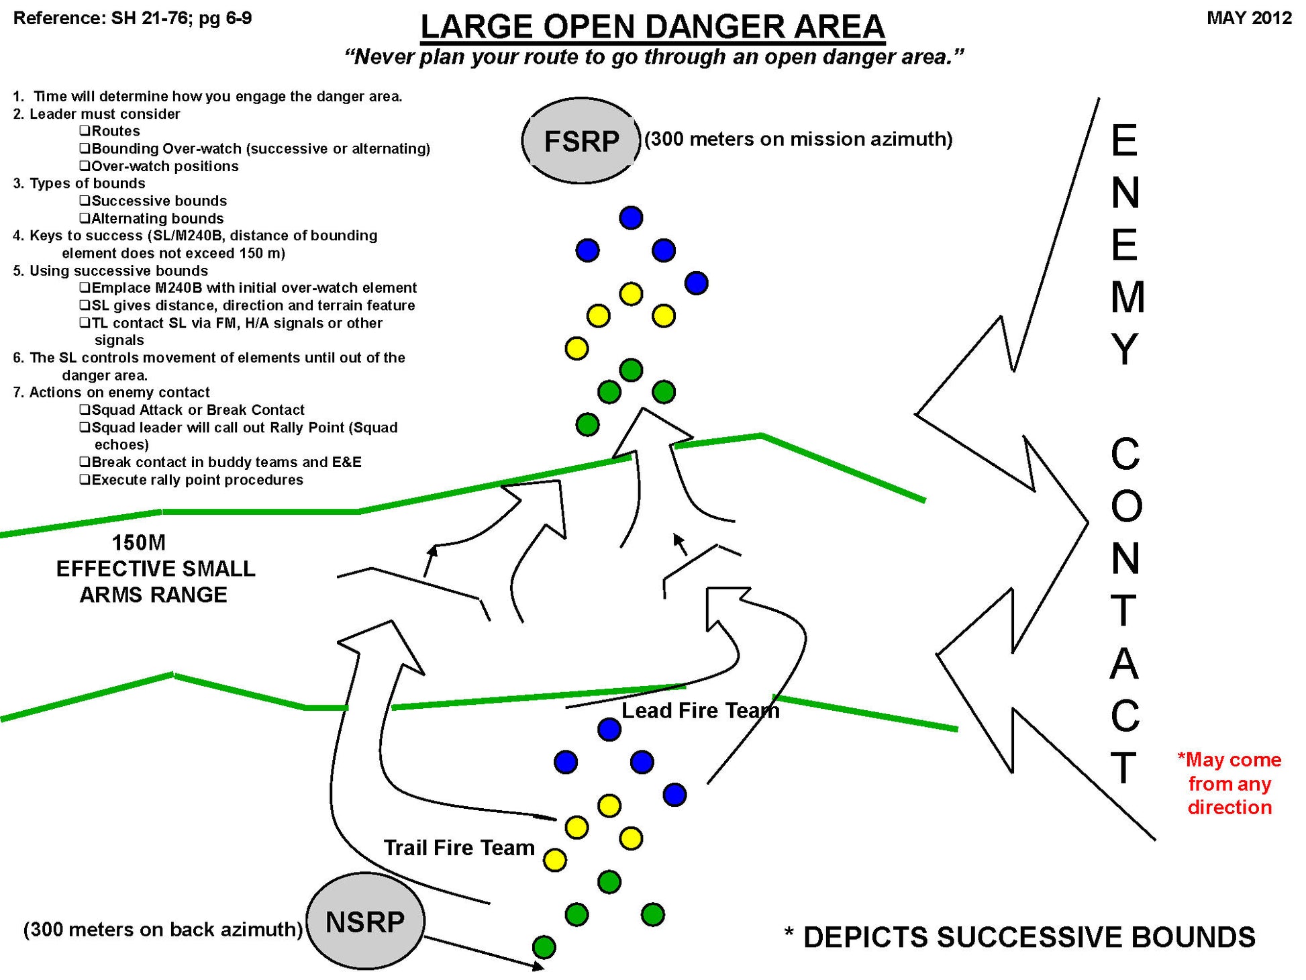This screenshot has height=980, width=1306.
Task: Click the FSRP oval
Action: coord(581,141)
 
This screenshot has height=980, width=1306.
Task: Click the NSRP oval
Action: coord(365,921)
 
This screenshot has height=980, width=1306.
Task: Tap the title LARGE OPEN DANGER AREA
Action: coord(652,28)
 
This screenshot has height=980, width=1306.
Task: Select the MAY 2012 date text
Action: coord(1249,18)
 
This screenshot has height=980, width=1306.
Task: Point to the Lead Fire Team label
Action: coord(700,710)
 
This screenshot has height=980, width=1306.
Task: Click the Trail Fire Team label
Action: coord(459,848)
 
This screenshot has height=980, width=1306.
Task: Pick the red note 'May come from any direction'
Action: coord(1229,783)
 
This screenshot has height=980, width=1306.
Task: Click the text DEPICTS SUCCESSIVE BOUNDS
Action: coord(1028,937)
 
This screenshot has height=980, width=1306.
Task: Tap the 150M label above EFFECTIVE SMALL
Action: coord(138,542)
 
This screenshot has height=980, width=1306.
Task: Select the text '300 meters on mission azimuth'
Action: coord(799,139)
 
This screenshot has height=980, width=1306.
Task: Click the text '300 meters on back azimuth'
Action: coord(163,930)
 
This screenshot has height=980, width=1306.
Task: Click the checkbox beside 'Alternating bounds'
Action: coord(85,218)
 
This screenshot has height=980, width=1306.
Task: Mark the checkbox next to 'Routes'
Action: coord(85,131)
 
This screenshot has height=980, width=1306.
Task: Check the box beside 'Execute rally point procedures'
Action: coord(85,480)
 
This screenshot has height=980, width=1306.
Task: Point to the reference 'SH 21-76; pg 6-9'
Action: coord(181,18)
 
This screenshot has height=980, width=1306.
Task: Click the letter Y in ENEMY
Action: coord(1125,350)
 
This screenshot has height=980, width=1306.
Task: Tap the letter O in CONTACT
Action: coord(1126,507)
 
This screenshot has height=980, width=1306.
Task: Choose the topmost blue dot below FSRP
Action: coord(631,217)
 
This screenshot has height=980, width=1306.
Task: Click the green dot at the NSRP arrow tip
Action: coord(544,947)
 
